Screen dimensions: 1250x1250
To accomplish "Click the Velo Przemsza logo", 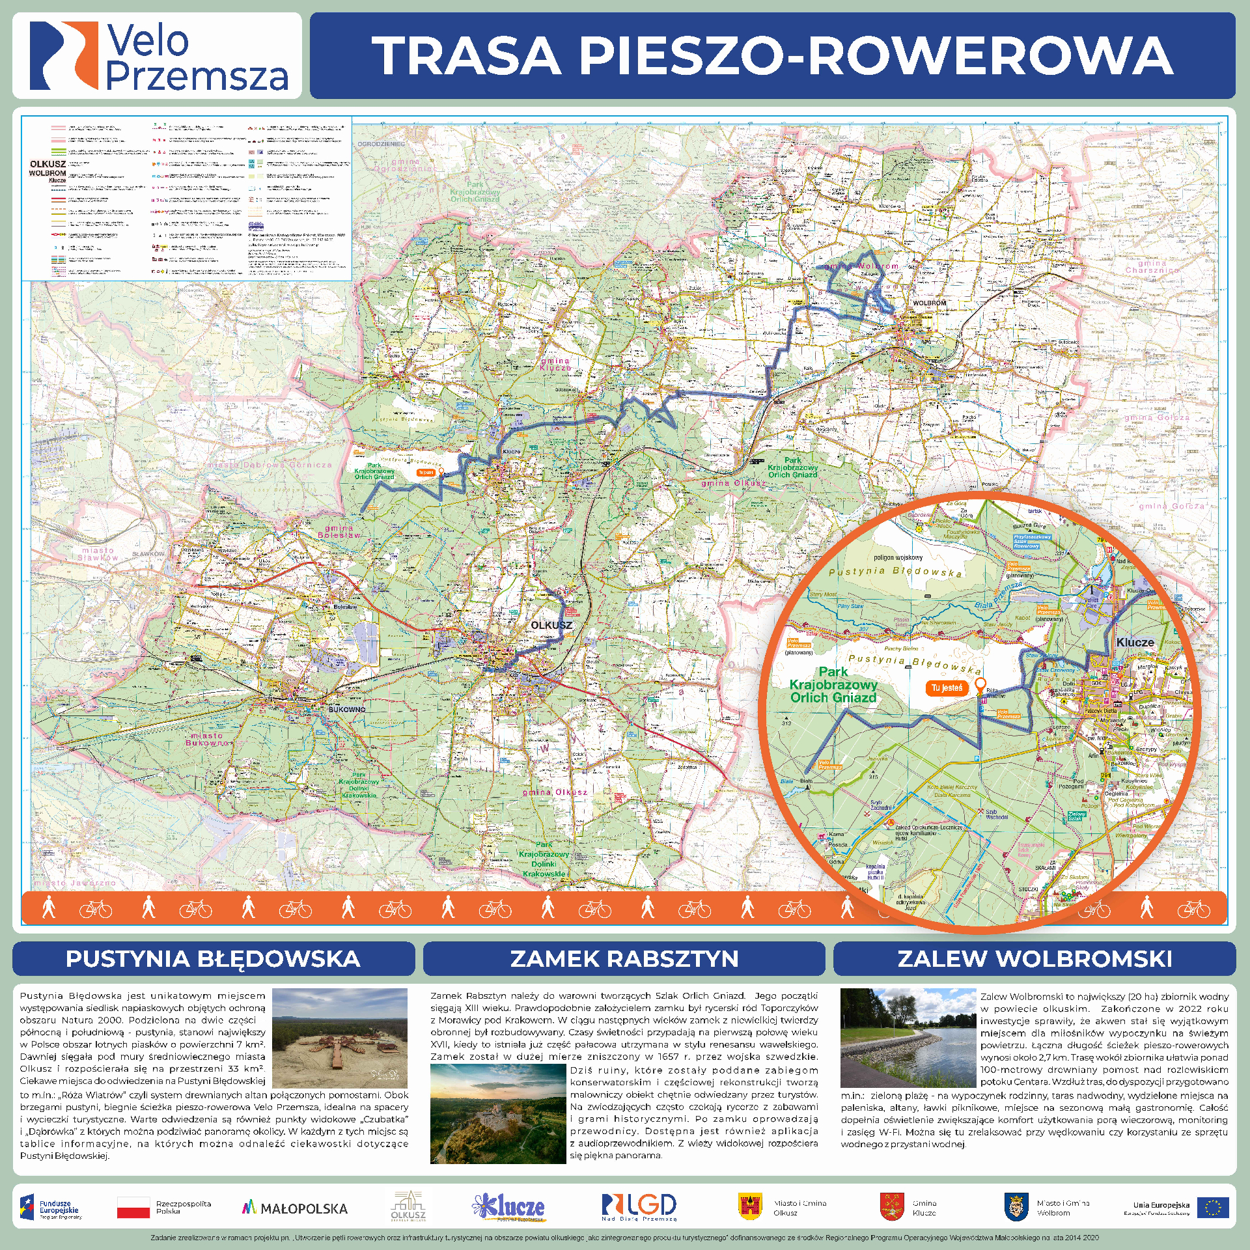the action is [x=158, y=56].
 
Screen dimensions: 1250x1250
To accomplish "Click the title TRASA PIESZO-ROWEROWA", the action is [x=772, y=55].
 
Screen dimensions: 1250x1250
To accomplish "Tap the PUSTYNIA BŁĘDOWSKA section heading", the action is [x=213, y=959].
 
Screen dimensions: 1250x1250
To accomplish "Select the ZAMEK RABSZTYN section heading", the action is [x=624, y=959].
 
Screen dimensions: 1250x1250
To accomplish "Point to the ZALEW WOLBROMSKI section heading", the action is [x=1035, y=959].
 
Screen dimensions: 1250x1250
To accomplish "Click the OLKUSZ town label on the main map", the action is [x=551, y=625].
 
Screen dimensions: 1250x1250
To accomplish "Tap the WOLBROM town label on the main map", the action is [x=929, y=303].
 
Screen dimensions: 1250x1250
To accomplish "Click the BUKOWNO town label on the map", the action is [x=347, y=709].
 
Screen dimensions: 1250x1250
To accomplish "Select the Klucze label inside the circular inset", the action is [x=1135, y=643].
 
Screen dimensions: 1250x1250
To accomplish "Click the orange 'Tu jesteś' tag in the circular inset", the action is [x=946, y=687].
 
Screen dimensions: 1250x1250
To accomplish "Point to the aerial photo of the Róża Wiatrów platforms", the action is [x=339, y=1038].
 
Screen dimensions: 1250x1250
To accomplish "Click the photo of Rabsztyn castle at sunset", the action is [x=498, y=1113].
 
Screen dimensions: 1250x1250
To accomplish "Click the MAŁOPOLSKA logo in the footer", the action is [x=295, y=1208].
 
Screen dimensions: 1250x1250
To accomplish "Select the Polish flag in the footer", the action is [x=133, y=1208].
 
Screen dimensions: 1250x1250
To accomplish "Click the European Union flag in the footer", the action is [x=1212, y=1208].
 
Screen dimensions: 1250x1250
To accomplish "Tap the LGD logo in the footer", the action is [x=639, y=1206].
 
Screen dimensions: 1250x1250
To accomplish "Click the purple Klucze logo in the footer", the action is [x=510, y=1207].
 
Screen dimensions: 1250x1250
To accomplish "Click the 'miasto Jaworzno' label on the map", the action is [x=75, y=883].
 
